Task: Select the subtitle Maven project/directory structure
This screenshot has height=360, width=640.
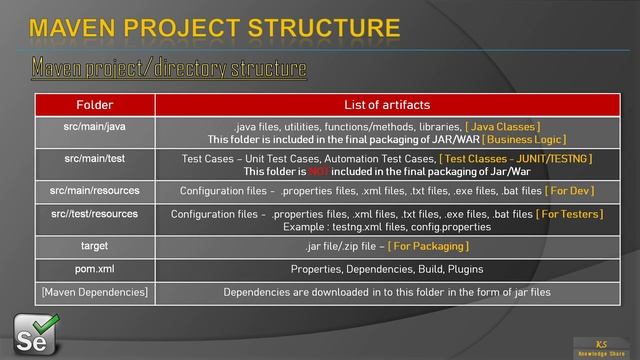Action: coord(168,69)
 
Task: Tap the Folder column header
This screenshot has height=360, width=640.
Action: coord(94,105)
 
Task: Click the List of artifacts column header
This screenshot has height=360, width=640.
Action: coord(386,105)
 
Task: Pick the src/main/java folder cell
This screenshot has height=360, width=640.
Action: coord(94,127)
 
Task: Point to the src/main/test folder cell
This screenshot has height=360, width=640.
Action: coord(94,159)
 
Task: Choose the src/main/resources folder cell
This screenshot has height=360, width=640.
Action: coord(94,190)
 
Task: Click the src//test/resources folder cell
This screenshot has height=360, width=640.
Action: coord(94,214)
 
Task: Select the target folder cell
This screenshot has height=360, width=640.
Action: coord(94,245)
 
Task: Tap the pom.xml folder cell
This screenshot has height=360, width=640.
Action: coord(94,269)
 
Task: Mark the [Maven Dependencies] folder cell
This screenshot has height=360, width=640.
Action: coord(94,292)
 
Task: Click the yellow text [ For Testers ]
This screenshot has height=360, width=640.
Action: coord(569,214)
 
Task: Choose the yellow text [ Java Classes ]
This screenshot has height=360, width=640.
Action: coord(502,127)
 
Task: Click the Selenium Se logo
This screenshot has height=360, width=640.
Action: coord(36,331)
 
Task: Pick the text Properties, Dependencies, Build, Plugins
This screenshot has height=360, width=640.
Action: coord(386,269)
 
